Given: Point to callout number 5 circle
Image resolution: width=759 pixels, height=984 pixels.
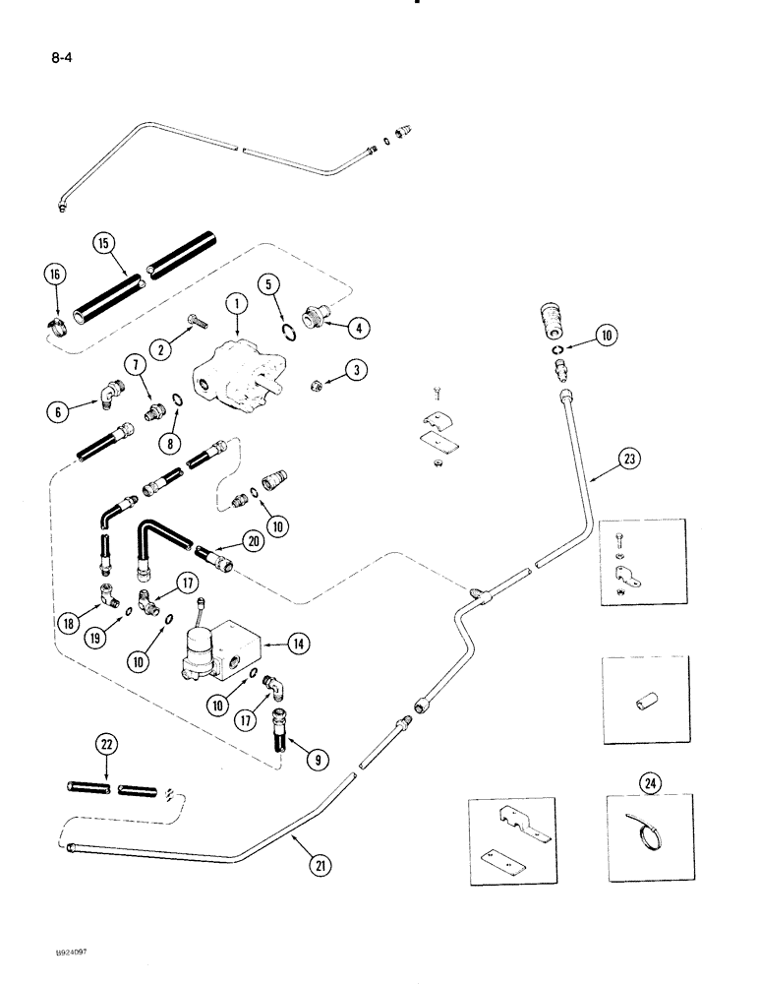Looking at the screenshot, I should click(269, 286).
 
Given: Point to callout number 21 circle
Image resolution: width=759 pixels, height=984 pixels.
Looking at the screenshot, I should click(320, 866).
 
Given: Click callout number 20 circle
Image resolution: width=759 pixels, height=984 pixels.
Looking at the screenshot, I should click(253, 540).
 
